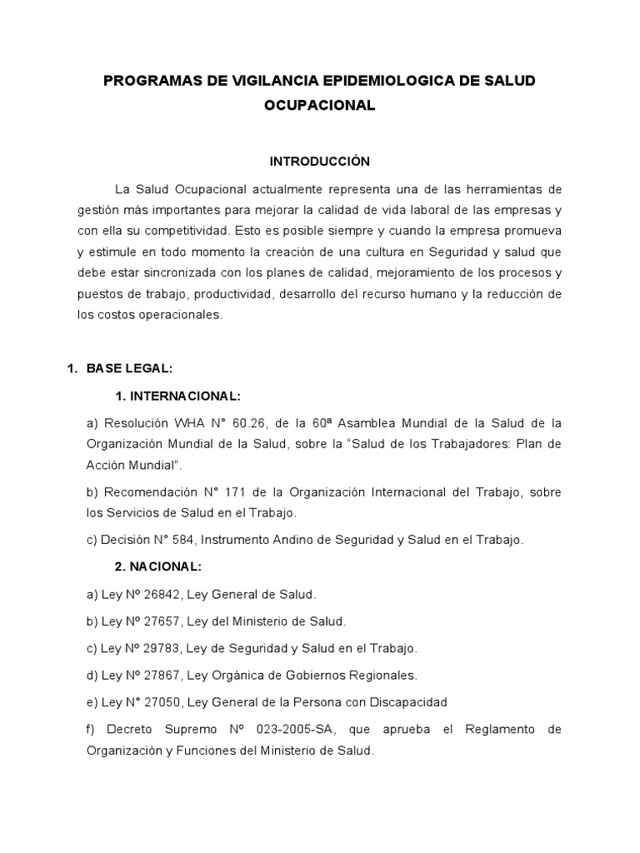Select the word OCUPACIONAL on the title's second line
[319, 106]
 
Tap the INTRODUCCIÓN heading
[319, 160]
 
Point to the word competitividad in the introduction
[186, 229]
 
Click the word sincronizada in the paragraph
[185, 272]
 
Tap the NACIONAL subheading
[163, 566]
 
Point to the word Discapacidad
[405, 701]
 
